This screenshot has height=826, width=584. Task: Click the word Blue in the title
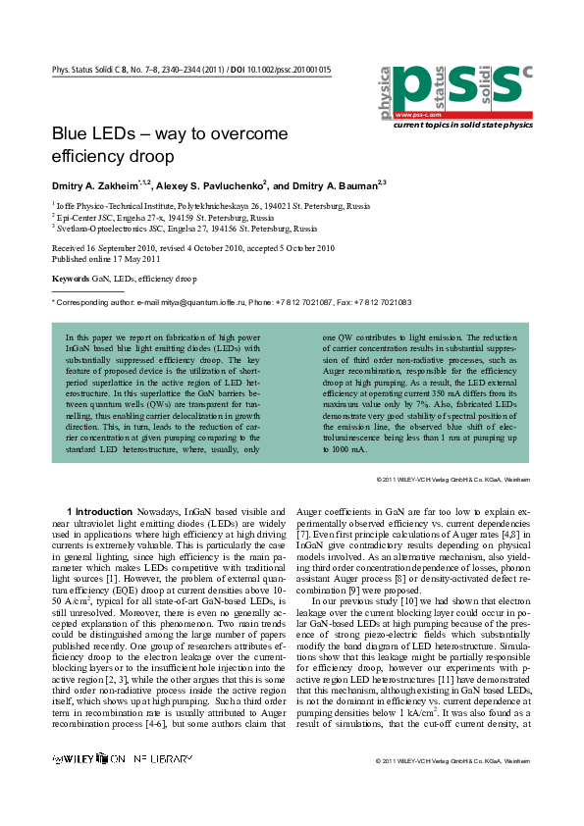[72, 134]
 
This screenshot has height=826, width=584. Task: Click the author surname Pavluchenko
[230, 184]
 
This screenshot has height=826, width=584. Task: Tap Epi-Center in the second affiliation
[78, 217]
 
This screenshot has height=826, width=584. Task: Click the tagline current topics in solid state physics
[461, 126]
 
